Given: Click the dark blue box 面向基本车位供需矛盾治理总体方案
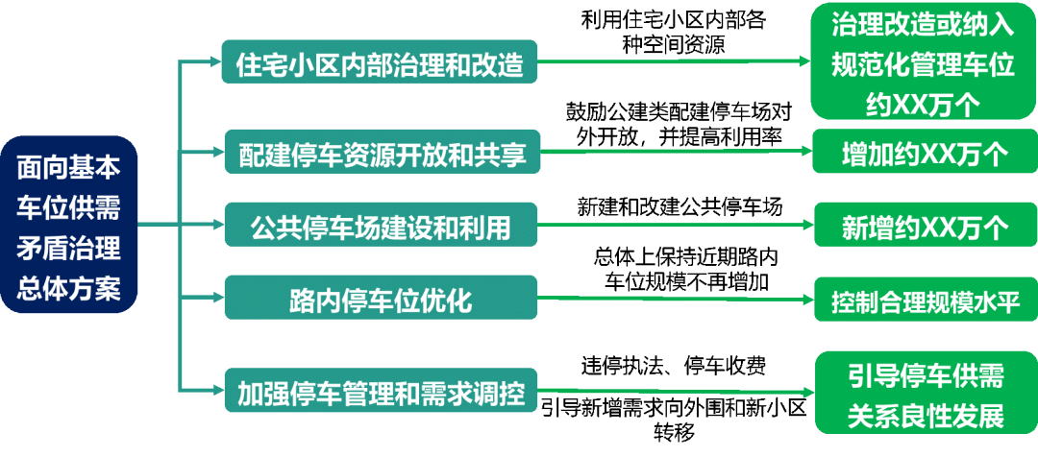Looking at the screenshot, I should point(69,226).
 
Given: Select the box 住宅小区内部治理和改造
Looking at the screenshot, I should point(380,63).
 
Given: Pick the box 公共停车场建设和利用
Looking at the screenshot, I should point(381,227).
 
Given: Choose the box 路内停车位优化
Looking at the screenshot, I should point(381,299).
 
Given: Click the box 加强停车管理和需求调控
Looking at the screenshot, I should point(381,391).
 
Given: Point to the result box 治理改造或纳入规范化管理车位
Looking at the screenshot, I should point(923,63).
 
